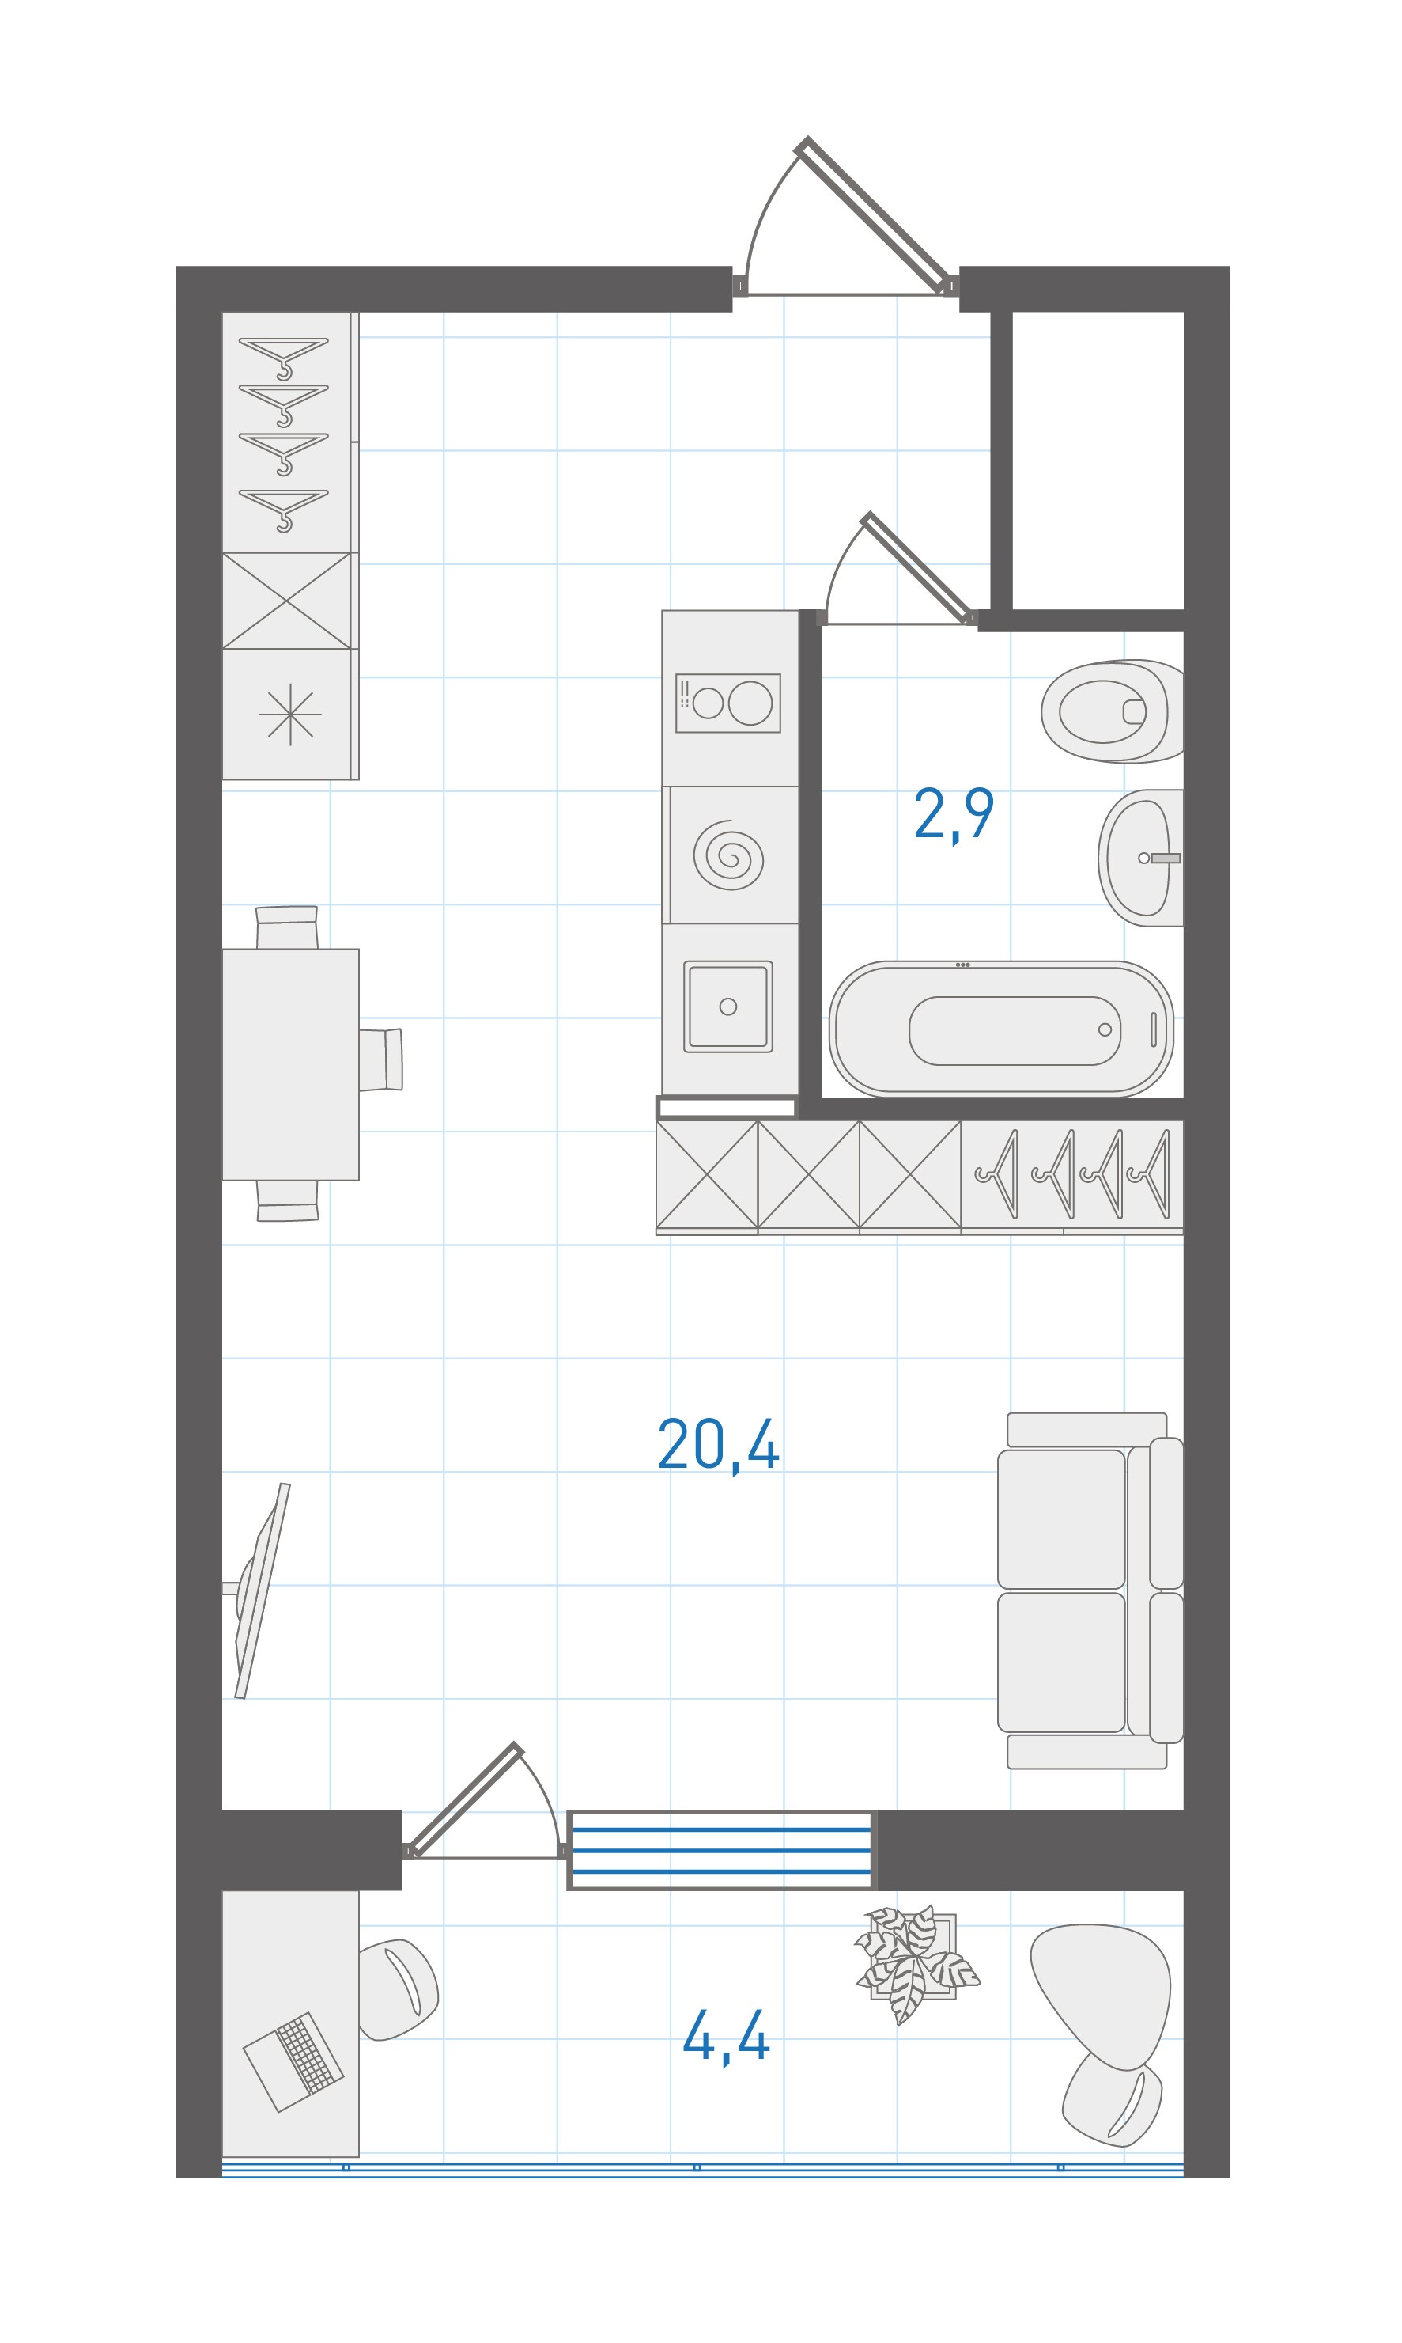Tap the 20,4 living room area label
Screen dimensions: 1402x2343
(x=718, y=1445)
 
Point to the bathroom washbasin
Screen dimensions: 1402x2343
(x=1140, y=857)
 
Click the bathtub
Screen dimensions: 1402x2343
(x=1001, y=1029)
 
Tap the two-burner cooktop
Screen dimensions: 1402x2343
(x=728, y=703)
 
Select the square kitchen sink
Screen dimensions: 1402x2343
(x=727, y=1007)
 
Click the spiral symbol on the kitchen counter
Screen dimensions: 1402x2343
(x=728, y=855)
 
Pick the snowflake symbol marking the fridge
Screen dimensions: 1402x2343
(x=290, y=714)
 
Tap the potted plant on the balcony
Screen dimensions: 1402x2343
(x=915, y=1963)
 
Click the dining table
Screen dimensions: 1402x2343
(x=290, y=1064)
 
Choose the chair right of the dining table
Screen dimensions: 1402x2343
(x=380, y=1060)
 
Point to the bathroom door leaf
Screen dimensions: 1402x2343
(x=918, y=567)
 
